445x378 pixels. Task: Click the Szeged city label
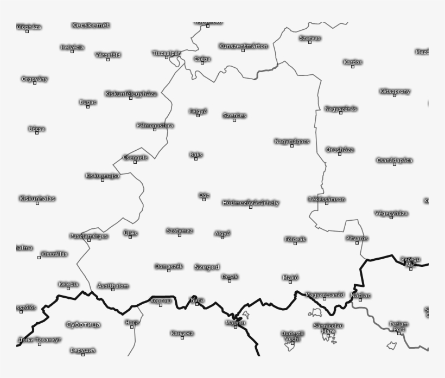pos(207,267)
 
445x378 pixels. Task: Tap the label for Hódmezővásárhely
pos(251,203)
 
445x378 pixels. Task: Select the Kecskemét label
pos(91,25)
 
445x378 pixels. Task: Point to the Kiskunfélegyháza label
pos(131,94)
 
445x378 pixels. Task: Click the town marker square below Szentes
pos(234,120)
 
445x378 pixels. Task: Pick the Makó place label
pos(290,278)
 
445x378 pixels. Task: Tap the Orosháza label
pos(340,150)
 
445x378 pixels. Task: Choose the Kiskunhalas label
pos(37,198)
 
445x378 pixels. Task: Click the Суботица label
pos(83,324)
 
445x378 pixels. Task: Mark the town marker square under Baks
pos(196,159)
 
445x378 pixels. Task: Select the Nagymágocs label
pos(291,142)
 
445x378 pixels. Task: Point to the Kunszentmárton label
pos(243,46)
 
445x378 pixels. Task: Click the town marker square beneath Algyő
pos(222,238)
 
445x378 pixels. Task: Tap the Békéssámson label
pos(326,199)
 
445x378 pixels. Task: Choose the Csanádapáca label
pos(394,160)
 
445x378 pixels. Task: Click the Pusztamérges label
pos(89,236)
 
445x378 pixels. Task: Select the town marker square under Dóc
pos(204,200)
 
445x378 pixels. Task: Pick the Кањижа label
pos(182,333)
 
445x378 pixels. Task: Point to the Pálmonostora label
pos(155,125)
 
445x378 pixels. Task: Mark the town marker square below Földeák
pos(295,244)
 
